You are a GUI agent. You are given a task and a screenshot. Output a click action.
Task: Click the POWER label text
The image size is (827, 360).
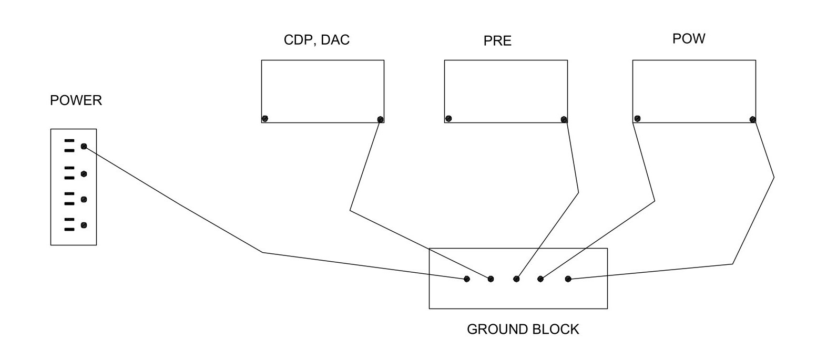click(x=76, y=100)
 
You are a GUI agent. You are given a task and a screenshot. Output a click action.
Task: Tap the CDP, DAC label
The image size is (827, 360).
click(x=316, y=40)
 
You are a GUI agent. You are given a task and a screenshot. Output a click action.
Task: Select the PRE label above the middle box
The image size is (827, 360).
click(x=497, y=41)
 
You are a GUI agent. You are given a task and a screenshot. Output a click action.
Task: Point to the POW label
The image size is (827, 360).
click(x=689, y=39)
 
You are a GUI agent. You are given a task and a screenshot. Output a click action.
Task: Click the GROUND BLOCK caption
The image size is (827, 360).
click(x=523, y=330)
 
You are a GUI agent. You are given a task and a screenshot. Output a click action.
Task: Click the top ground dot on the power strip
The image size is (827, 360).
click(x=84, y=147)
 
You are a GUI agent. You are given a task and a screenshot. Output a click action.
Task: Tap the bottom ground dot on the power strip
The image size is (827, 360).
click(x=84, y=225)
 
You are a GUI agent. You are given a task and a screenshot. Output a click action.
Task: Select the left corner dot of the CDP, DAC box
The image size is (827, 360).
click(x=265, y=119)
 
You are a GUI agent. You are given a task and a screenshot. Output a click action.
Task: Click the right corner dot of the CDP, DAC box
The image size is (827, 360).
click(x=380, y=119)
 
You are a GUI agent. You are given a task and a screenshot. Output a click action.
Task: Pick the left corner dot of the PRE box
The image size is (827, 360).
click(x=448, y=119)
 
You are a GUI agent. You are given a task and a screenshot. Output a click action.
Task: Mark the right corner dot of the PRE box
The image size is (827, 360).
click(x=564, y=119)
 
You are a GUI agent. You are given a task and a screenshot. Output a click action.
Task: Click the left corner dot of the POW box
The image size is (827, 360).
click(x=637, y=119)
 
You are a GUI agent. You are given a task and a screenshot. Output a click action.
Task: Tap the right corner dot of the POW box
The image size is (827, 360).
click(x=752, y=119)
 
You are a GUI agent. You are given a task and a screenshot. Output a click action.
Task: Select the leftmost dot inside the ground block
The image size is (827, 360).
click(x=466, y=279)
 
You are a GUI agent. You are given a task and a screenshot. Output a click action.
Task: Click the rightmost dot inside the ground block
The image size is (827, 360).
click(x=568, y=279)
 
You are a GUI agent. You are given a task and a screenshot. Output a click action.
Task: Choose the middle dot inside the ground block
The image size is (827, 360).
click(x=516, y=279)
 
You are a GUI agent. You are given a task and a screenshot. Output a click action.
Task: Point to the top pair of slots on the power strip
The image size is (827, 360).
click(x=69, y=146)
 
